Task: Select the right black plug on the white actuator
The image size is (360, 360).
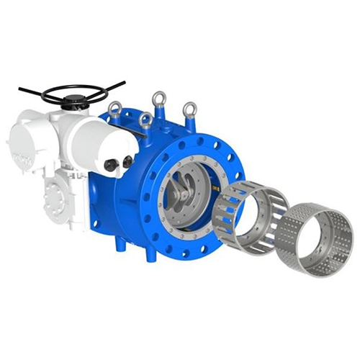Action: click(x=127, y=162)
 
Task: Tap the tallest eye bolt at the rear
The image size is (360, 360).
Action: click(x=158, y=99)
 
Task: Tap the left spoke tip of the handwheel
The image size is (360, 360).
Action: click(x=22, y=91)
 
